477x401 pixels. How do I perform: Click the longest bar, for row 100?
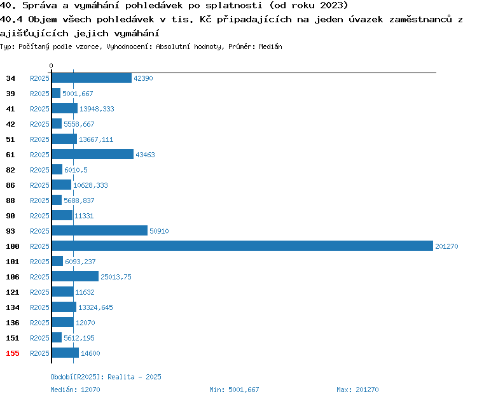point(242,246)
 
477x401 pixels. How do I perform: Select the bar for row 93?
point(100,230)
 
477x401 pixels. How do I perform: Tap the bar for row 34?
point(92,78)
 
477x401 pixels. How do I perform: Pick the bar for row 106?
point(75,276)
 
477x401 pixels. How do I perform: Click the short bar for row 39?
point(56,93)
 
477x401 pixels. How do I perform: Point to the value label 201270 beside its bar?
point(446,246)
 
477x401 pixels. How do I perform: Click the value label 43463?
point(145,155)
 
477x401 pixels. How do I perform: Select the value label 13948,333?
point(97,109)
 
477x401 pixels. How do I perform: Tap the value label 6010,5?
point(76,170)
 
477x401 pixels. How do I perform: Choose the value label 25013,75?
point(116,277)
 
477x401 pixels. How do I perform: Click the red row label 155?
point(13,353)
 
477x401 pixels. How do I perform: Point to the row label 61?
point(10,155)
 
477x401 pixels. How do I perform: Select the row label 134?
point(13,307)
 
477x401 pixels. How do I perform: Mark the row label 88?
point(10,200)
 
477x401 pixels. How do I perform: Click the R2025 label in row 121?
point(39,292)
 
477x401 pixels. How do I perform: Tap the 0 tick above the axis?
point(51,66)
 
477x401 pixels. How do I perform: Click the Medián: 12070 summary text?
point(75,390)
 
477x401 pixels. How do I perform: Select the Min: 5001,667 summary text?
point(234,390)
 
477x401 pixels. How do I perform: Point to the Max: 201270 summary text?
point(357,390)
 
